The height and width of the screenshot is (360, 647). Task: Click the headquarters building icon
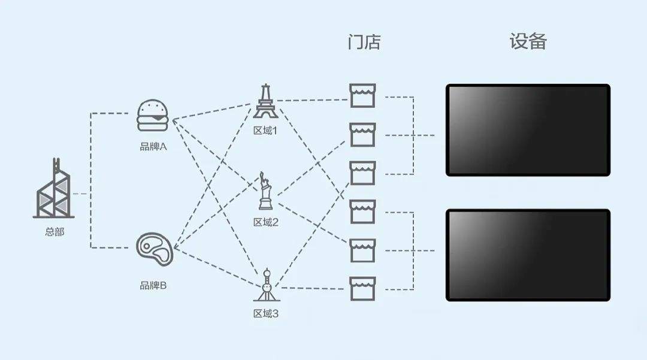[x=54, y=188]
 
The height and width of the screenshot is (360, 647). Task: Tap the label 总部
[x=55, y=232]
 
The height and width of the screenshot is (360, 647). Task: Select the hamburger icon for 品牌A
[x=153, y=115]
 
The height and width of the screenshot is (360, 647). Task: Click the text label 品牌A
[x=153, y=146]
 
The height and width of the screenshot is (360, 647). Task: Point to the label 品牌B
[x=153, y=285]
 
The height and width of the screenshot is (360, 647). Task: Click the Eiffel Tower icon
[x=266, y=101]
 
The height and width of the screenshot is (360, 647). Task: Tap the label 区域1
[x=265, y=131]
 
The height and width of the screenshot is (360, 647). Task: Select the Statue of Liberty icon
[x=265, y=191]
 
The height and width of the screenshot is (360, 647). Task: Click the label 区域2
[x=266, y=222]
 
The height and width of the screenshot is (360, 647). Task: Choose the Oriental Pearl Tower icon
[x=266, y=285]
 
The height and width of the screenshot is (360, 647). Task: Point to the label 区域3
[x=266, y=314]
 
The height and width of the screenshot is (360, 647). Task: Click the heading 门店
[x=364, y=42]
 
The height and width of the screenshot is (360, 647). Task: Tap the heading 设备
[x=528, y=41]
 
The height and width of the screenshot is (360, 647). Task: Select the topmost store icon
[x=362, y=96]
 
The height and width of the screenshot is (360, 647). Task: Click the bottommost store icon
[x=362, y=289]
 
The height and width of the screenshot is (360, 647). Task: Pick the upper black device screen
[x=528, y=131]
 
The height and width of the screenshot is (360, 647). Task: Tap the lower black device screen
[x=528, y=255]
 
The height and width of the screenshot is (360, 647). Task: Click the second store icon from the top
[x=362, y=134]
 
